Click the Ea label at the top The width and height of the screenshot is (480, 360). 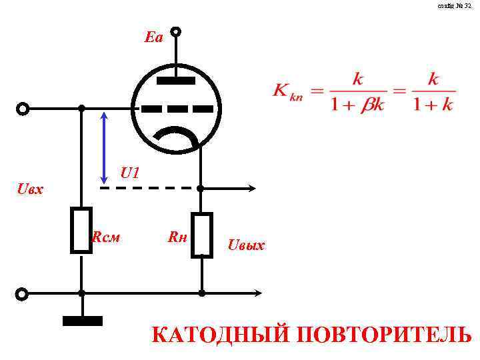pos(153,37)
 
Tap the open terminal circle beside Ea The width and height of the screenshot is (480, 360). pos(176,31)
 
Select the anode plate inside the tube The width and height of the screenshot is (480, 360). pos(176,81)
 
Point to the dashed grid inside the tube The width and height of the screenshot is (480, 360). pos(176,108)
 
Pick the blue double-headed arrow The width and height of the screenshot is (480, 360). pos(103,147)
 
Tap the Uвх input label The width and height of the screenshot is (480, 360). pos(31,189)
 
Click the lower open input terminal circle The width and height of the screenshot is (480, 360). pos(22,293)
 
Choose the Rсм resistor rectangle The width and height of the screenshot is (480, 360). pos(81,230)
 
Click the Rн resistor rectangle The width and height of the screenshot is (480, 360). pos(201,235)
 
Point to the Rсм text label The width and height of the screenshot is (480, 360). pos(106,236)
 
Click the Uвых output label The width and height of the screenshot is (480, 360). pos(246,245)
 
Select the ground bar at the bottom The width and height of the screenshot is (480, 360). pos(83,321)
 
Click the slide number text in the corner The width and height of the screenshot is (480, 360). pos(455,6)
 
